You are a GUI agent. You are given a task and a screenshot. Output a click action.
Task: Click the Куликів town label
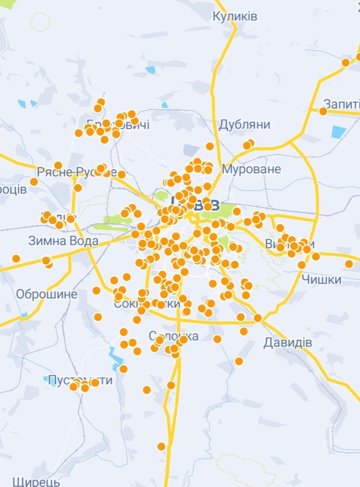coord(235,17)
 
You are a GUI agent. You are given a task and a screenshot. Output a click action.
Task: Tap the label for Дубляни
coord(245,125)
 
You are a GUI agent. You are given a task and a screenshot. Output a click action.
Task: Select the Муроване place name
coord(251,169)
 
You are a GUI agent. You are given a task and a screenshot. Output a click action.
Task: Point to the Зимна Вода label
coord(63,241)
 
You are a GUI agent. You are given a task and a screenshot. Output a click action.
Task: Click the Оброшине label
coord(46,294)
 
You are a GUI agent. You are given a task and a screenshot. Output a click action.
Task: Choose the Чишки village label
coord(321,279)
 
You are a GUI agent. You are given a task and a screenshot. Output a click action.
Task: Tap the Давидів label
coord(288,343)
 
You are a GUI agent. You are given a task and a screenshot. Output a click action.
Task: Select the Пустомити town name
coord(80,380)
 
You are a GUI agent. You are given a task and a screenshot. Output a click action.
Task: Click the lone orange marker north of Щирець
coord(161,446)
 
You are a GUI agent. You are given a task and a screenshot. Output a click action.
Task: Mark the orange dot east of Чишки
coord(349,264)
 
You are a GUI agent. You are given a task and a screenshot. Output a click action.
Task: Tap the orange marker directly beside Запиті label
coord(323,111)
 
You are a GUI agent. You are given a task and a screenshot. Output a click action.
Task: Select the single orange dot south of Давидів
coord(239,361)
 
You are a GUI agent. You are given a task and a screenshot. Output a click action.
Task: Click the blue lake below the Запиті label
coord(339,132)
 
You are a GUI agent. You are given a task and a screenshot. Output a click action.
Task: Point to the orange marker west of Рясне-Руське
coord(34,182)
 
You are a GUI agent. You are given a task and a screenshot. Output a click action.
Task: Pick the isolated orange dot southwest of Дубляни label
coord(210,146)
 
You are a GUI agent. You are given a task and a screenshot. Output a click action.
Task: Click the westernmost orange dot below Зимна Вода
coord(16,259)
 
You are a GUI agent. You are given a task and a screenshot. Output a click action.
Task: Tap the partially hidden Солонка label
coord(174,336)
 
